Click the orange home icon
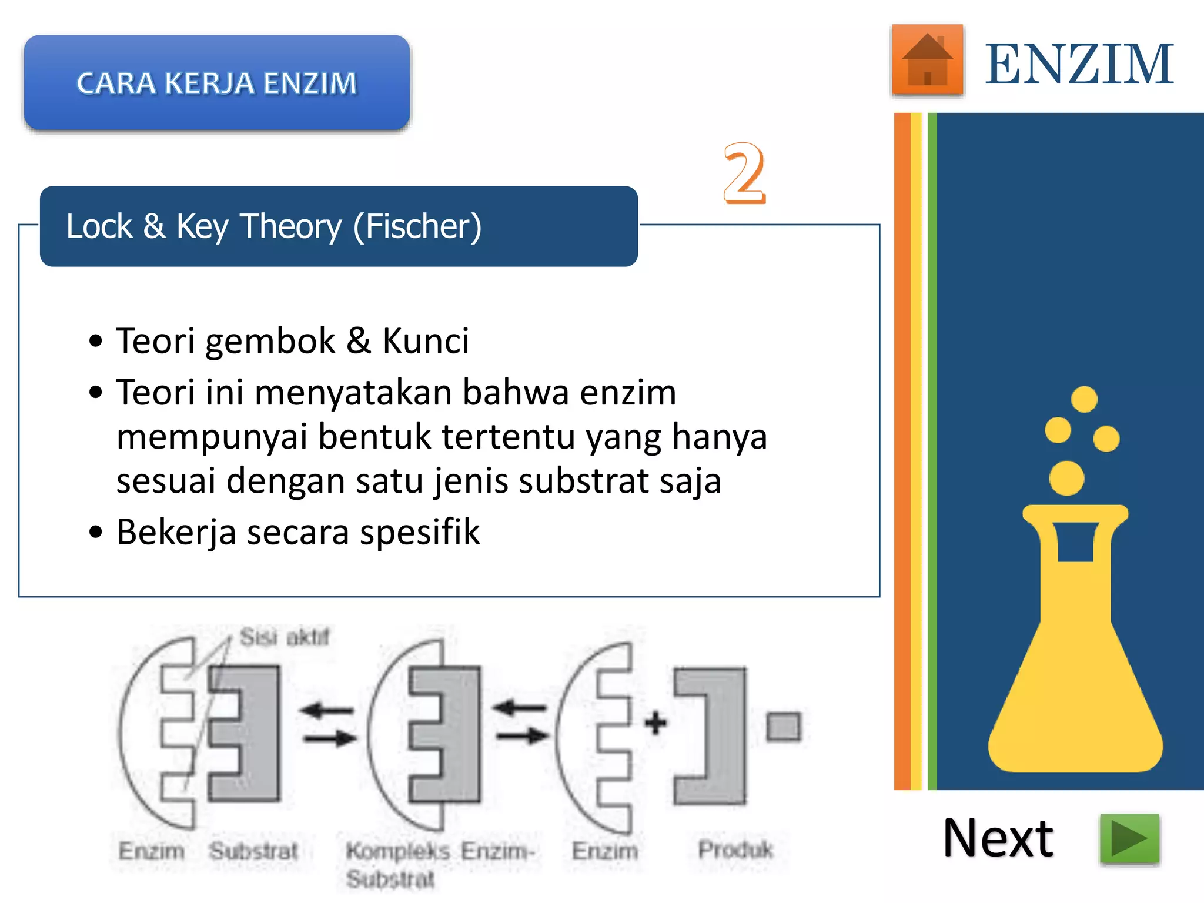(927, 60)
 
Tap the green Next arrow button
(1129, 839)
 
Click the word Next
(998, 839)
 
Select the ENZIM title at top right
(1079, 65)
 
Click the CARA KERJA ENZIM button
(217, 83)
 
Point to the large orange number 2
(744, 173)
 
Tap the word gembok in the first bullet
(270, 341)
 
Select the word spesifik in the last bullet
(420, 533)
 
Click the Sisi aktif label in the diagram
(285, 637)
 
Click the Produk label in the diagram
(735, 850)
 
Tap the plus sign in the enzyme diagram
(655, 723)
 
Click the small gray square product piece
(784, 727)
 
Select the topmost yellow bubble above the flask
(1084, 400)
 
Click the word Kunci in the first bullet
(426, 341)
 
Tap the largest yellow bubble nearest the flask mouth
(1066, 478)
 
